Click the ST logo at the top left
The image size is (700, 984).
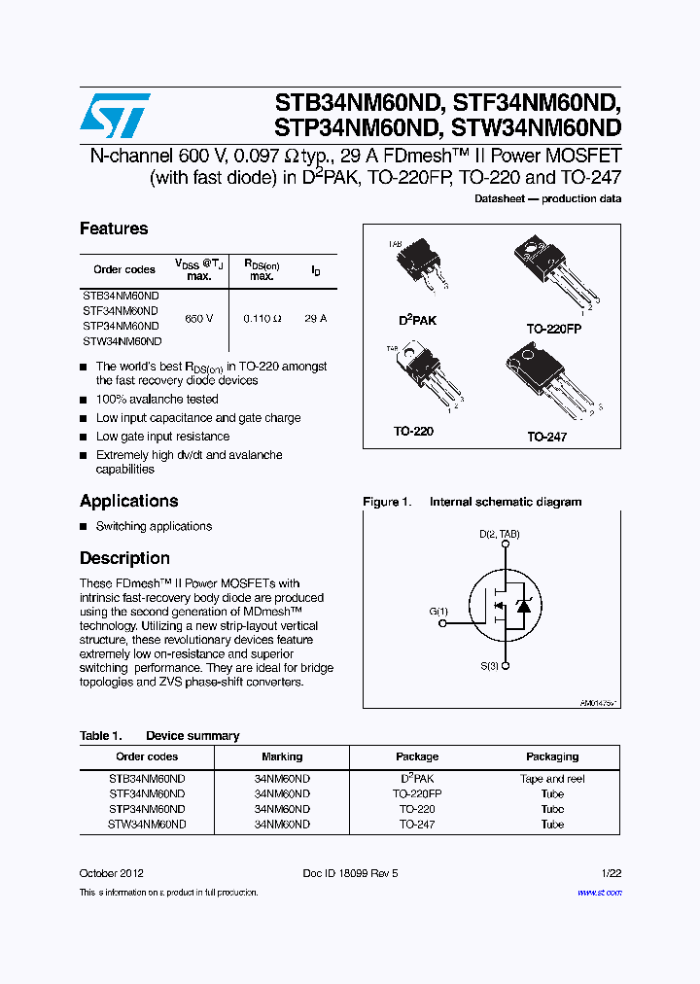[x=115, y=116]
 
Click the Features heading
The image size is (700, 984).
[x=114, y=228]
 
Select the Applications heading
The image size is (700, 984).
[x=128, y=501]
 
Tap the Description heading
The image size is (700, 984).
[x=124, y=558]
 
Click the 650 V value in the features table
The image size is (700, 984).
[x=198, y=319]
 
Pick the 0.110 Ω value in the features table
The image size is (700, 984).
[x=262, y=319]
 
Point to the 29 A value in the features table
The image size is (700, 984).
[x=315, y=319]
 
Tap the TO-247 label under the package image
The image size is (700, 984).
[x=546, y=438]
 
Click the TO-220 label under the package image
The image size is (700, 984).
[x=414, y=431]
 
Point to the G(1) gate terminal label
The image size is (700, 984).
[x=438, y=612]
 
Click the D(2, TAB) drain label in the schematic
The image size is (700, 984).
[x=499, y=535]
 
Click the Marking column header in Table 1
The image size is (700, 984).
[x=282, y=756]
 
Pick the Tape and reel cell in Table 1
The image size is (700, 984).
[x=552, y=779]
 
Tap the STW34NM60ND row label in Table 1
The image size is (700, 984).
[x=147, y=824]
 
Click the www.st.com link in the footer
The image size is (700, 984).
[x=599, y=892]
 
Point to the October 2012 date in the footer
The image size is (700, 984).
[x=112, y=873]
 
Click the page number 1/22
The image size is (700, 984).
[x=612, y=873]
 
